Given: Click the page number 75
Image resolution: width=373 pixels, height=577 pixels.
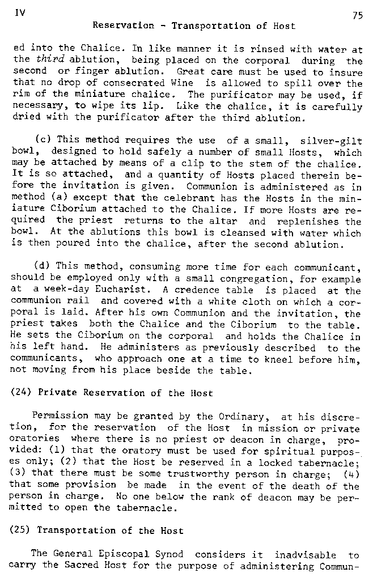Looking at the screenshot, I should (357, 16).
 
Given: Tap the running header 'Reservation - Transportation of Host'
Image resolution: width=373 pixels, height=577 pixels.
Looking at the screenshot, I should (193, 26).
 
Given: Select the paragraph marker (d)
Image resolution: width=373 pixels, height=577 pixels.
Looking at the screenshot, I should (43, 266).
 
